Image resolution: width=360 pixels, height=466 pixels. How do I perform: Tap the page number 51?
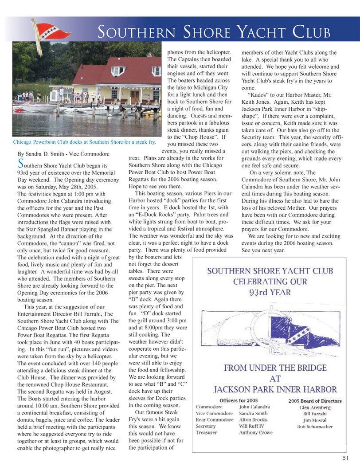(345, 458)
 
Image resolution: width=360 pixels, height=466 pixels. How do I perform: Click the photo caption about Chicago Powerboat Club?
(84, 142)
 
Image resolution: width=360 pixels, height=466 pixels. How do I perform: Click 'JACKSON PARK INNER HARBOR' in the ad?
(275, 390)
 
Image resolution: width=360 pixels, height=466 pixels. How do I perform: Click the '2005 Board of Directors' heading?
(315, 400)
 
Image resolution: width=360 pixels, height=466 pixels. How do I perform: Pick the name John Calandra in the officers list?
(254, 407)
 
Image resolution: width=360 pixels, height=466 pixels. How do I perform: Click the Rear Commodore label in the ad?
(215, 419)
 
